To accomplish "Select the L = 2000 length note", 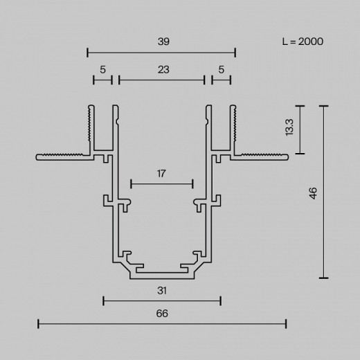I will click(303, 42).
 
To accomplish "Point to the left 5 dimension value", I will click(102, 69).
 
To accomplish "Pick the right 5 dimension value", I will click(221, 69).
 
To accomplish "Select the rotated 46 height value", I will click(314, 192).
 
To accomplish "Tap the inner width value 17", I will click(161, 174).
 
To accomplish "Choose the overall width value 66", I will click(161, 313).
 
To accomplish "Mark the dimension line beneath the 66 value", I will click(161, 323).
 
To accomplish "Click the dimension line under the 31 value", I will click(161, 300).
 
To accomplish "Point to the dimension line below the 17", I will click(161, 184).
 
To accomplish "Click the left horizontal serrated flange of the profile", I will click(62, 156).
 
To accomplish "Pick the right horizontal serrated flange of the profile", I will click(261, 156).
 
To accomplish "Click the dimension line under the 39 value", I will click(161, 51).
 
